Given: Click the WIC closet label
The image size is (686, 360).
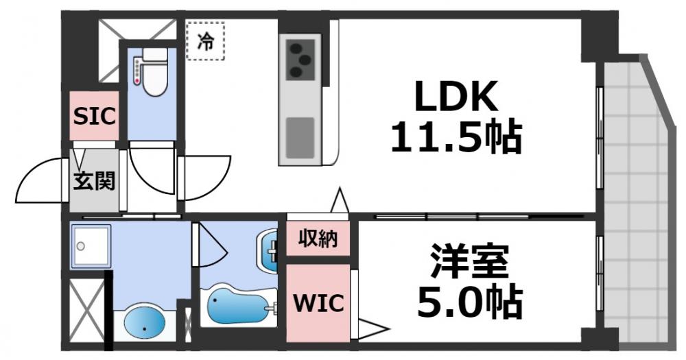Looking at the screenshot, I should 318,302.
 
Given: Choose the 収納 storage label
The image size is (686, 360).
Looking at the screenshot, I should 318,239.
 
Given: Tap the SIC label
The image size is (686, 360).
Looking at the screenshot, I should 95,117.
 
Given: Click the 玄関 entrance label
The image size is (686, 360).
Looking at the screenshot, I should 94,182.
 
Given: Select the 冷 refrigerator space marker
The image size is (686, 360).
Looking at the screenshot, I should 205,41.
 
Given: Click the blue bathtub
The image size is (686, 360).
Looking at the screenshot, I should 237,306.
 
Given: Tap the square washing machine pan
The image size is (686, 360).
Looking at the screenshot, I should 90,245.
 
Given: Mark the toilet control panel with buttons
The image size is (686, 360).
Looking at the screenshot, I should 139,71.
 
